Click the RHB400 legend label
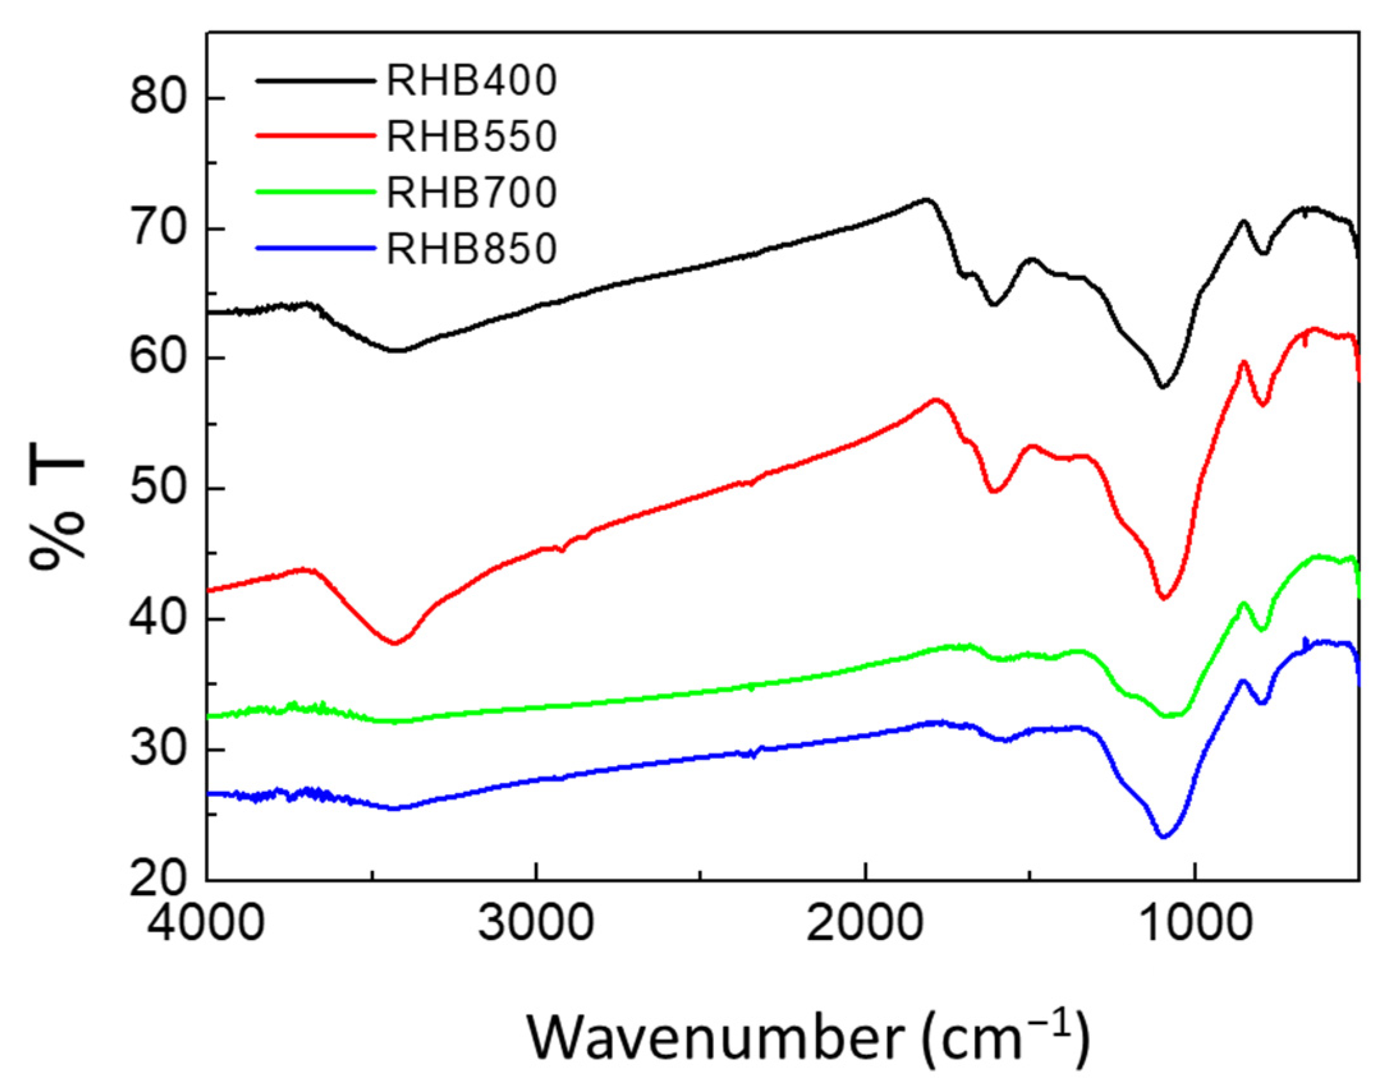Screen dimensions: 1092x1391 (472, 81)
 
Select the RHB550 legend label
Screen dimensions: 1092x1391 (472, 136)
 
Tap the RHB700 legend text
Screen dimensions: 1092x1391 (472, 192)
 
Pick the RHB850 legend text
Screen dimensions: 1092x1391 (472, 248)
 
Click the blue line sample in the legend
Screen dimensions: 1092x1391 (315, 247)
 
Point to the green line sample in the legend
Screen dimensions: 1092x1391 (315, 191)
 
